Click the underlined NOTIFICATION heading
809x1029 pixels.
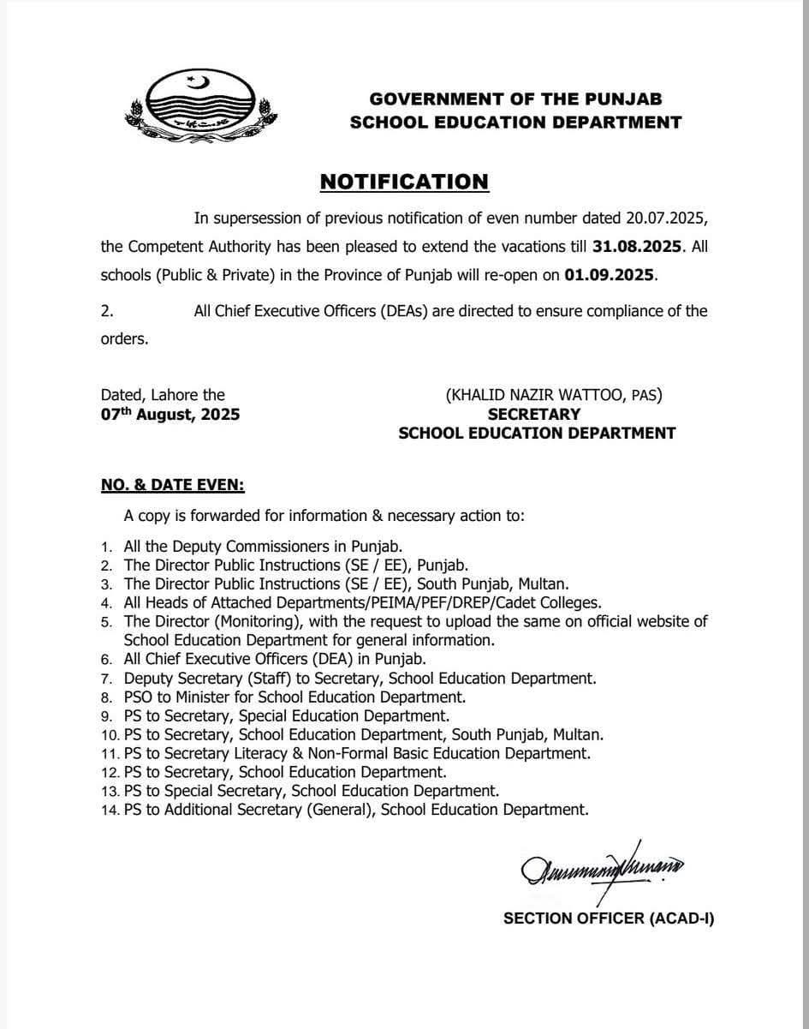click(x=404, y=181)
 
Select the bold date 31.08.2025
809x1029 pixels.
click(x=638, y=246)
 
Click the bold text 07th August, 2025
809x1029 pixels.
click(x=170, y=414)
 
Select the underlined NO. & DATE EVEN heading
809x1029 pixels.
click(x=173, y=485)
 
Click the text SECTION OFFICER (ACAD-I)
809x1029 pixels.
click(x=609, y=918)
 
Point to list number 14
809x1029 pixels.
click(x=108, y=809)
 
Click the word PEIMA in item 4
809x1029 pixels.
click(x=392, y=603)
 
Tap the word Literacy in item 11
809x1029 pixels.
click(x=261, y=753)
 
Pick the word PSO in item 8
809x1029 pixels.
click(x=138, y=697)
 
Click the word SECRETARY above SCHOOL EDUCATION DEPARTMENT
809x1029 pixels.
click(x=534, y=414)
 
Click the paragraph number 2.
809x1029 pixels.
click(x=107, y=311)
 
